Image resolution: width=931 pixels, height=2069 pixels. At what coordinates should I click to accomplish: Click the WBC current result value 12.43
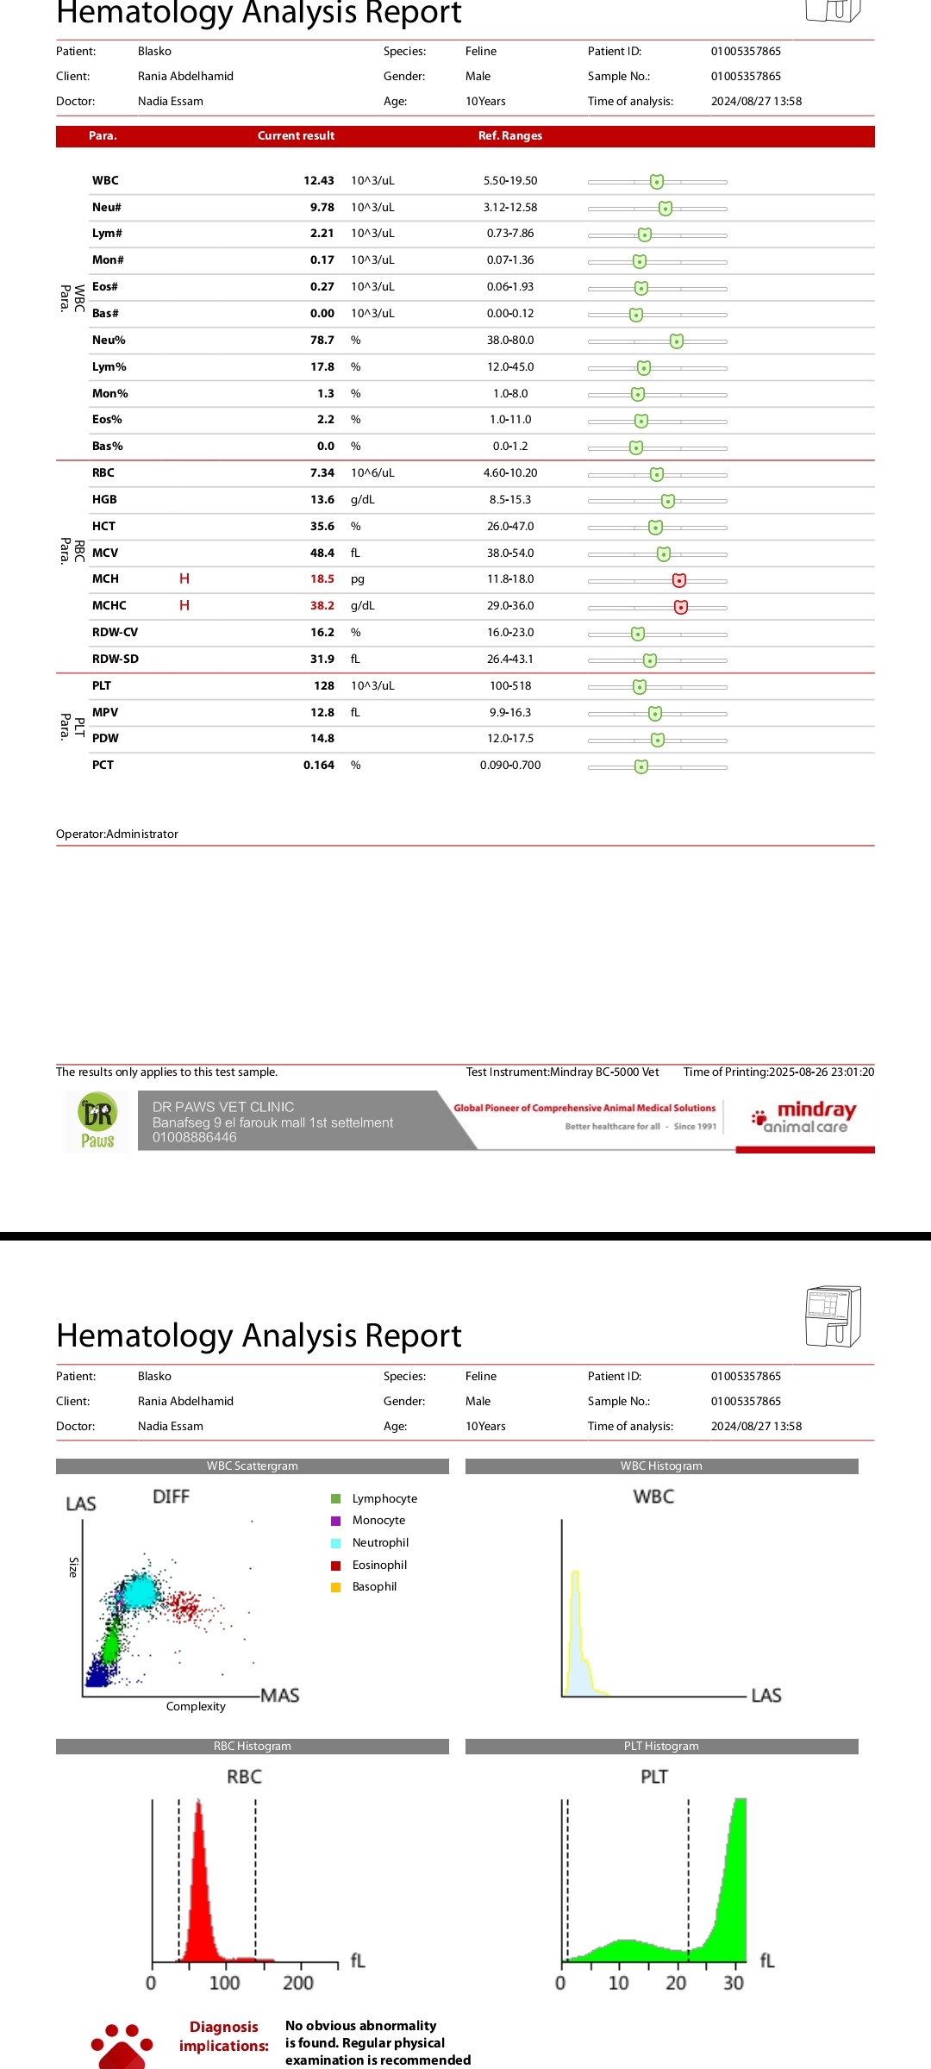point(318,181)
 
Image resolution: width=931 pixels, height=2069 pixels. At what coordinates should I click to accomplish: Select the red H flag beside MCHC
point(184,605)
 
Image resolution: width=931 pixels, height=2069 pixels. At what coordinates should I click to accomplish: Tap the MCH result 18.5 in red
point(322,579)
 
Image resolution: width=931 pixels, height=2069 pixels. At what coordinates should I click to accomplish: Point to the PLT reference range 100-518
point(510,686)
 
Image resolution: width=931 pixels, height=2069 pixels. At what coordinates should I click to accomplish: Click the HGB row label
point(104,500)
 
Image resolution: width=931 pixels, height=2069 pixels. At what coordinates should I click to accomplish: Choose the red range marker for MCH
point(679,580)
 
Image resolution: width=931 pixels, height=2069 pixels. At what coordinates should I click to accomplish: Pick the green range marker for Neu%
point(677,341)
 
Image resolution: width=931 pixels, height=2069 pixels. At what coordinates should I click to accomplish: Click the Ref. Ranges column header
point(510,136)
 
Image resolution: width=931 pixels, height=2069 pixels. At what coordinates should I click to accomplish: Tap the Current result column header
point(296,136)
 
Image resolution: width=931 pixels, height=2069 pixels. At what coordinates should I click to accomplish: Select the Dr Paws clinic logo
point(97,1121)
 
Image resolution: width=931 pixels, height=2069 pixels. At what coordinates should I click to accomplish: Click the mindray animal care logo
point(805,1117)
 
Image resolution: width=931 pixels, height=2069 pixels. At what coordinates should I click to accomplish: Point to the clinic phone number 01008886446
point(195,1137)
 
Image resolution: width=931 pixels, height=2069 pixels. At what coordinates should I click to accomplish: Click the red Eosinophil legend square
point(336,1566)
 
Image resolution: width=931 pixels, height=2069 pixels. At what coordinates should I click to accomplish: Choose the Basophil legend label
point(374,1587)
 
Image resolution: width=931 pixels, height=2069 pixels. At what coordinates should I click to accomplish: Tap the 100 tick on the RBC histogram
point(225,1983)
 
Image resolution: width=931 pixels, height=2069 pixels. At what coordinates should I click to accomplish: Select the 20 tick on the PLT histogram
point(676,1983)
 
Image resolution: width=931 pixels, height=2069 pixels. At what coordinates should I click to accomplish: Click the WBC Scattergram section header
point(253,1466)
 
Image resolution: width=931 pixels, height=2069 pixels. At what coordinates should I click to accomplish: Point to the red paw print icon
point(122,2047)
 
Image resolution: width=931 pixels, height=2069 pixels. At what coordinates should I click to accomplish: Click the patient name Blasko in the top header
point(154,52)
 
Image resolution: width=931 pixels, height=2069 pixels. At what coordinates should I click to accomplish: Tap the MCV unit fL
point(355,553)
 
